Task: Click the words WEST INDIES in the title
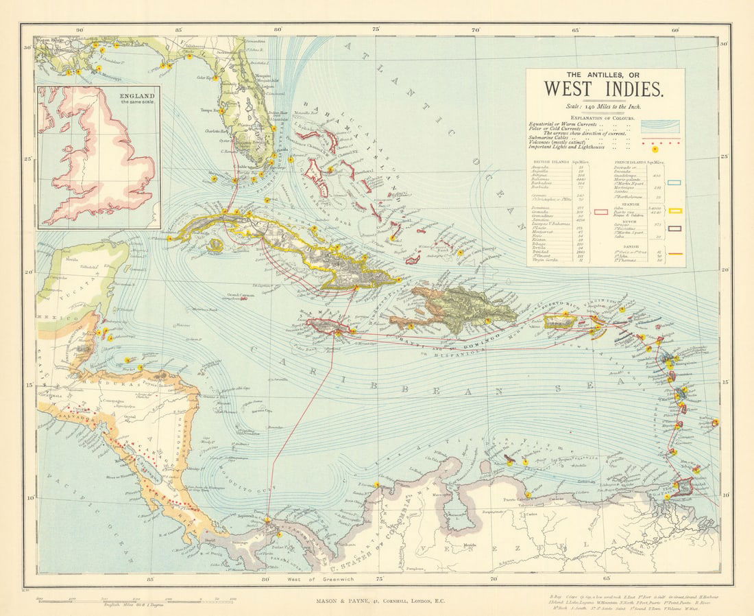tap(604, 89)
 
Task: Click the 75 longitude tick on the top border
tap(376, 29)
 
